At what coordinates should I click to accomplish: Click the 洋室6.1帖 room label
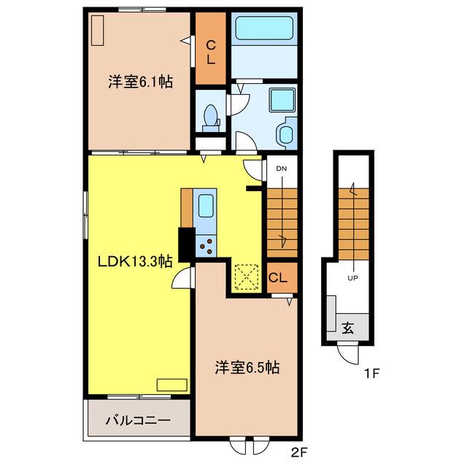point(140,81)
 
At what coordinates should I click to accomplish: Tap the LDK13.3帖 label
point(135,262)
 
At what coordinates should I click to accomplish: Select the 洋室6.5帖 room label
point(247,367)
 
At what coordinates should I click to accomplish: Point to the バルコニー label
point(139,420)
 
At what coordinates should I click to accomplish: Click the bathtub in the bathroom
point(264,28)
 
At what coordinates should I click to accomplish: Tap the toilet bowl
point(211,115)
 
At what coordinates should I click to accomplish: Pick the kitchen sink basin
point(206,206)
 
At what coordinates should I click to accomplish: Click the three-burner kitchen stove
point(206,246)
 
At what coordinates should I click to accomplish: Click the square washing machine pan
point(282,100)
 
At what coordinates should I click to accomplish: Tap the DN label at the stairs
point(282,169)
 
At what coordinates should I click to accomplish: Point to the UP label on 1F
point(353,278)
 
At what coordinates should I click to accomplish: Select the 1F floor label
point(372,374)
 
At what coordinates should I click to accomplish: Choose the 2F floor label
point(298,453)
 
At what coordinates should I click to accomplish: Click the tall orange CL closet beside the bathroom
point(211,48)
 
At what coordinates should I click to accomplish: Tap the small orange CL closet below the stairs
point(282,277)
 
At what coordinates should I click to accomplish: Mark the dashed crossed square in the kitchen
point(247,277)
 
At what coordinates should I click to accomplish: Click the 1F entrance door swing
point(348,353)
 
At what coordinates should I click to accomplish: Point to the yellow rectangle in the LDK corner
point(172,385)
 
